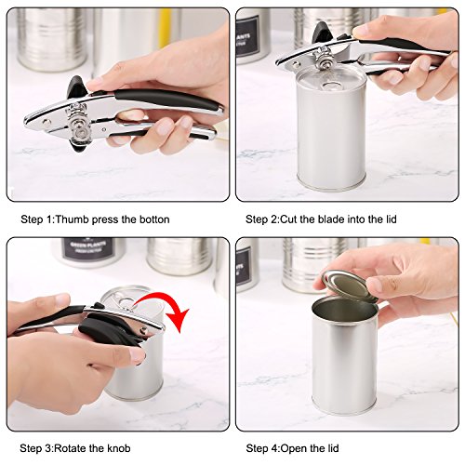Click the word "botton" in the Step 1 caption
tap(154, 219)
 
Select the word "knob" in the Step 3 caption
tap(119, 448)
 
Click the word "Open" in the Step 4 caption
tap(295, 448)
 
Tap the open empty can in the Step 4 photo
tap(345, 355)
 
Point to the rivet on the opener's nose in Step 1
tap(47, 123)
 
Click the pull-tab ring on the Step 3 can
tap(124, 300)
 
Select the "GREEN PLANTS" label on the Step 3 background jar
tap(88, 248)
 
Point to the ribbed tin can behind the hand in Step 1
tap(51, 39)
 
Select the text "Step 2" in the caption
tap(262, 219)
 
